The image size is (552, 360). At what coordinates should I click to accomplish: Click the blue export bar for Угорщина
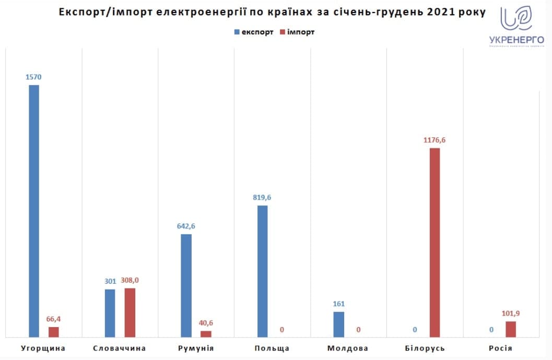click(34, 211)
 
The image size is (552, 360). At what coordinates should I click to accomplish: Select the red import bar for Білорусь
click(434, 242)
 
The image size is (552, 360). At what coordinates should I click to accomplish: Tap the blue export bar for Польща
click(262, 271)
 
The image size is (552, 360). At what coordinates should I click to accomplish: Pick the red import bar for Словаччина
click(130, 312)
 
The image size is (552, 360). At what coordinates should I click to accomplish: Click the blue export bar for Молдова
click(338, 324)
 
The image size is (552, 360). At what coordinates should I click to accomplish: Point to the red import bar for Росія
click(511, 329)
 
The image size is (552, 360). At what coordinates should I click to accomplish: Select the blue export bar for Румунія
click(186, 285)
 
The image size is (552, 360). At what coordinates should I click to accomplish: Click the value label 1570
click(33, 77)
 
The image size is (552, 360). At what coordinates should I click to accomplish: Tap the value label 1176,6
click(434, 140)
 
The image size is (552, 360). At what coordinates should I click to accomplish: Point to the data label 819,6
click(262, 198)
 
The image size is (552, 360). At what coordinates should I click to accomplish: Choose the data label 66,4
click(54, 319)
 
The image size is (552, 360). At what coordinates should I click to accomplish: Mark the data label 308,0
click(130, 280)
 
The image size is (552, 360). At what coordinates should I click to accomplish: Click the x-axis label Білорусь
click(425, 348)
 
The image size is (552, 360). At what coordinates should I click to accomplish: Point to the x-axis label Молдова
click(348, 348)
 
